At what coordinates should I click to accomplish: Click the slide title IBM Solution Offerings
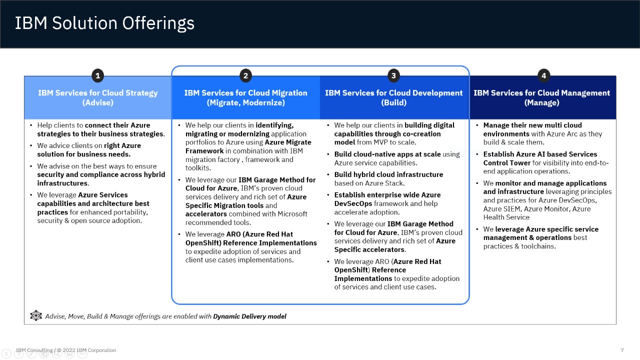pos(104,23)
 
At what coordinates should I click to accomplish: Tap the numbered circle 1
pos(97,75)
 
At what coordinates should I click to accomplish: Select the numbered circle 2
pos(245,75)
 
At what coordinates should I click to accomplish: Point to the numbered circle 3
pos(393,75)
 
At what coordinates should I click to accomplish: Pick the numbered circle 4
pos(543,75)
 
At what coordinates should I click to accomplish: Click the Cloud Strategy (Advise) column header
pos(97,97)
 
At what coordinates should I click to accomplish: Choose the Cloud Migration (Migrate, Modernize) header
pos(245,97)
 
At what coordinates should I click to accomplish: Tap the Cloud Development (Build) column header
pos(393,97)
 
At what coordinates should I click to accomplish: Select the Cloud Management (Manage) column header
pos(541,97)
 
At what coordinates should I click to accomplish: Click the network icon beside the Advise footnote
pos(36,315)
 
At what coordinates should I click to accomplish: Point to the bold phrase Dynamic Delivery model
pos(249,316)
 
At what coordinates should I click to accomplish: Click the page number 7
pos(622,350)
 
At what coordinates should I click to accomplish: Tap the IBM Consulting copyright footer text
pos(66,350)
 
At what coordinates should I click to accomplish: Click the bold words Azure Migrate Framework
pos(248,146)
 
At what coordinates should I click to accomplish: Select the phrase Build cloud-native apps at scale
pos(387,154)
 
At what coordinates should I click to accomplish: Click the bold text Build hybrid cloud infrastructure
pos(388,174)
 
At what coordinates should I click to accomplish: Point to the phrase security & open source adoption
pos(89,220)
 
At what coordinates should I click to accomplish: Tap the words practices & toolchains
pos(519,246)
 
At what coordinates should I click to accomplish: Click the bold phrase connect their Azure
pos(117,125)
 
